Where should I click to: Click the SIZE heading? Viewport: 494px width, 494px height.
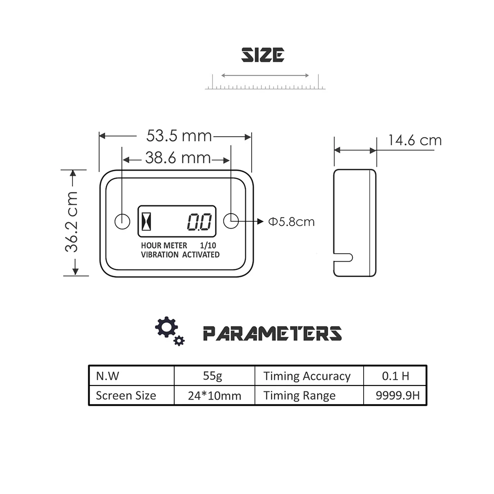point(263,55)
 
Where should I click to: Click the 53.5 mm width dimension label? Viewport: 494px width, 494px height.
point(179,136)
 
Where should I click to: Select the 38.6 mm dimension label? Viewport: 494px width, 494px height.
point(178,157)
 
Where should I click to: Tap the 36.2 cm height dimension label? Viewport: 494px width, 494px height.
point(71,222)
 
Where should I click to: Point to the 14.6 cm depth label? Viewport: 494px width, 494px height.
point(415,140)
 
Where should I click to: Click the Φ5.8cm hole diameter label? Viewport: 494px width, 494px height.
point(291,222)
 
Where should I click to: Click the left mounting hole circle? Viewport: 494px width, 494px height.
point(122,222)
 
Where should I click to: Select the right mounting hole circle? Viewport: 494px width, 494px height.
point(231,221)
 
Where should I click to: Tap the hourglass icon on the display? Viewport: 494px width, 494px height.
point(146,221)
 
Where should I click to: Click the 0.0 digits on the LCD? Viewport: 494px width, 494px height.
point(199,222)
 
